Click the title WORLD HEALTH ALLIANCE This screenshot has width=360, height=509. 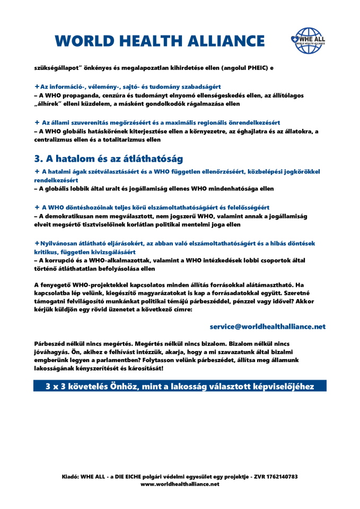point(160,40)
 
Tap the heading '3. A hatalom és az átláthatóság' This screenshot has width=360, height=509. point(109,159)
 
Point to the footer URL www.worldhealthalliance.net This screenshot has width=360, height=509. point(180,484)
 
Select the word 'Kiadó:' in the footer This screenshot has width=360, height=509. point(70,477)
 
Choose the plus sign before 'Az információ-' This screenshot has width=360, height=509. point(37,86)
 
